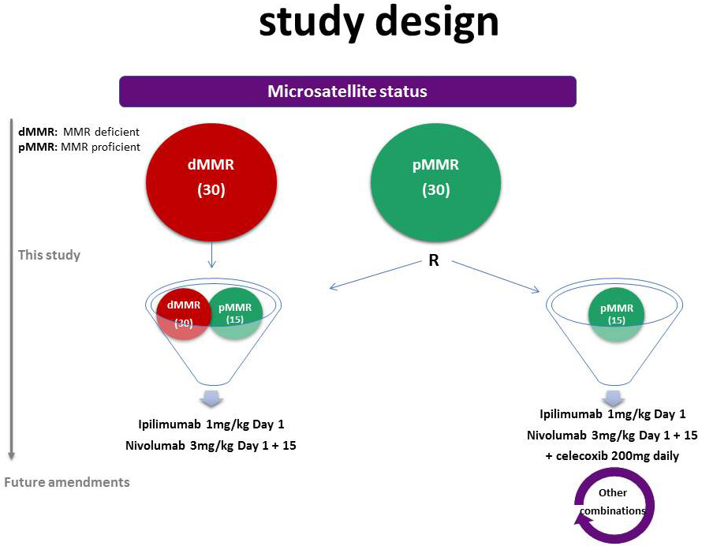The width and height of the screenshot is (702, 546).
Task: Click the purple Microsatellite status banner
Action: coord(347,92)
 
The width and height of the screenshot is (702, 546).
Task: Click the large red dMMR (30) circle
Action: coord(211,182)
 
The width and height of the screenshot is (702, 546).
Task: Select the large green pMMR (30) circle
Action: coord(435,182)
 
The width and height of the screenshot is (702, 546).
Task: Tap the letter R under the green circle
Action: coord(433,260)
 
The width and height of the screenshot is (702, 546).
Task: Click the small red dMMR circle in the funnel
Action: coord(184,314)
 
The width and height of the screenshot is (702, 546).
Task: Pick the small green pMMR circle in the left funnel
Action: coord(235,314)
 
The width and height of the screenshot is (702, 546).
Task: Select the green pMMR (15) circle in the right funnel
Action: coord(617,315)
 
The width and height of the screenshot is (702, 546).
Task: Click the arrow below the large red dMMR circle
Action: coord(211,255)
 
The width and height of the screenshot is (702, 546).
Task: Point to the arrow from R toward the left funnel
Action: coord(375,275)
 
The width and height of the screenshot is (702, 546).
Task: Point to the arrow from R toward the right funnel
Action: coord(495,277)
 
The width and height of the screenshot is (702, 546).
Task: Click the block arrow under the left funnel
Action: coord(211,398)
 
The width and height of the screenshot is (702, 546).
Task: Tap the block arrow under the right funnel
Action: coord(614,397)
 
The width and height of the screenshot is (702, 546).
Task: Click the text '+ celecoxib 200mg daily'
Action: coord(612,456)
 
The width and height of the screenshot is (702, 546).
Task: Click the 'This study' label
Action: coord(49,255)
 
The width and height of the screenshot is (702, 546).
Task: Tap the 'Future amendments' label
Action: coord(67,482)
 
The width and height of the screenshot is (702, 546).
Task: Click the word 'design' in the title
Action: coord(437,22)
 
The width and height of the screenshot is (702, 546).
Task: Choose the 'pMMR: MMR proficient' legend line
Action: coord(79,147)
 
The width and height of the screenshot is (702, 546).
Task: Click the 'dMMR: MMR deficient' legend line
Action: coord(79,132)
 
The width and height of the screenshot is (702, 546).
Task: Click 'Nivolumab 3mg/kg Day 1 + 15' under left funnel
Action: coord(211,446)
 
